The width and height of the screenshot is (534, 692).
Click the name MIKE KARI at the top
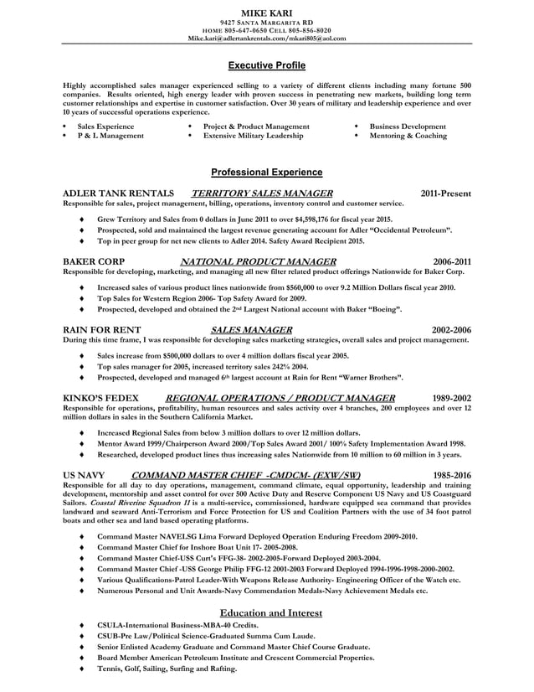pyautogui.click(x=266, y=13)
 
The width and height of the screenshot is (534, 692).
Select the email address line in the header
pyautogui.click(x=266, y=39)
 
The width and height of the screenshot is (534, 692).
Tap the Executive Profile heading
pyautogui.click(x=266, y=65)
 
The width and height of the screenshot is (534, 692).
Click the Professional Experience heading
pyautogui.click(x=266, y=173)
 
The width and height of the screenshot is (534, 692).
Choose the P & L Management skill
pyautogui.click(x=110, y=136)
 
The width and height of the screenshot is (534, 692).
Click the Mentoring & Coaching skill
pyautogui.click(x=408, y=136)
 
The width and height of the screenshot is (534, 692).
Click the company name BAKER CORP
pyautogui.click(x=95, y=261)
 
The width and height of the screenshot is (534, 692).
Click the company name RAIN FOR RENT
pyautogui.click(x=102, y=330)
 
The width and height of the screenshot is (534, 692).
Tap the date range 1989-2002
pyautogui.click(x=451, y=398)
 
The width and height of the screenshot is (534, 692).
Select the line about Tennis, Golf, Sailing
pyautogui.click(x=167, y=669)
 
